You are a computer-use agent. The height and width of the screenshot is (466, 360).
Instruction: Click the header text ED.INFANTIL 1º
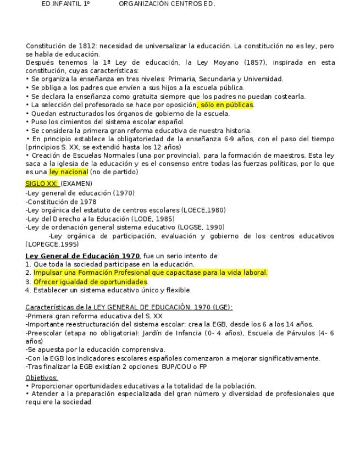coord(65,3)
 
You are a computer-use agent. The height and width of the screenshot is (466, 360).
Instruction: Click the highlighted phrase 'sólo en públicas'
coord(226,105)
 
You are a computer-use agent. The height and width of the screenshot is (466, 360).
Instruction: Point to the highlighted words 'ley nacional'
coord(69,172)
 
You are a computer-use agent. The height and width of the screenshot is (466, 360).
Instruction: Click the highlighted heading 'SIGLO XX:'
coord(42,184)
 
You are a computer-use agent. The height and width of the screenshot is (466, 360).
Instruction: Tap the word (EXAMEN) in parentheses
coord(76,184)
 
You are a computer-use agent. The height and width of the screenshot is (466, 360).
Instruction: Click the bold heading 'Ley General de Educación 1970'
coord(82,256)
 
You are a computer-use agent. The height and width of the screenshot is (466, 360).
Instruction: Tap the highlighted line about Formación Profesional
coord(150,273)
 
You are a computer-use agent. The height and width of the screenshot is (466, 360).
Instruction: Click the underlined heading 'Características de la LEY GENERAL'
coord(129,308)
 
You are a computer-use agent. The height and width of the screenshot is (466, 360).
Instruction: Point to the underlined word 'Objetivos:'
coord(42,378)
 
